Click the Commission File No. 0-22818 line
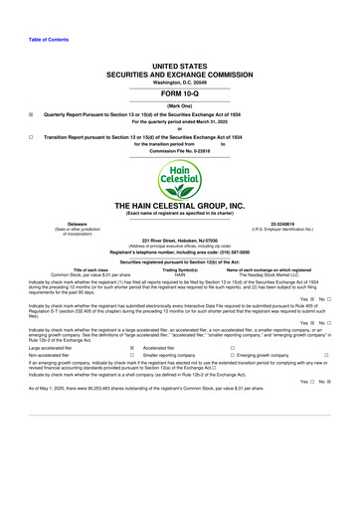click(x=180, y=157)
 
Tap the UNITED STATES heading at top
click(x=180, y=62)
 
